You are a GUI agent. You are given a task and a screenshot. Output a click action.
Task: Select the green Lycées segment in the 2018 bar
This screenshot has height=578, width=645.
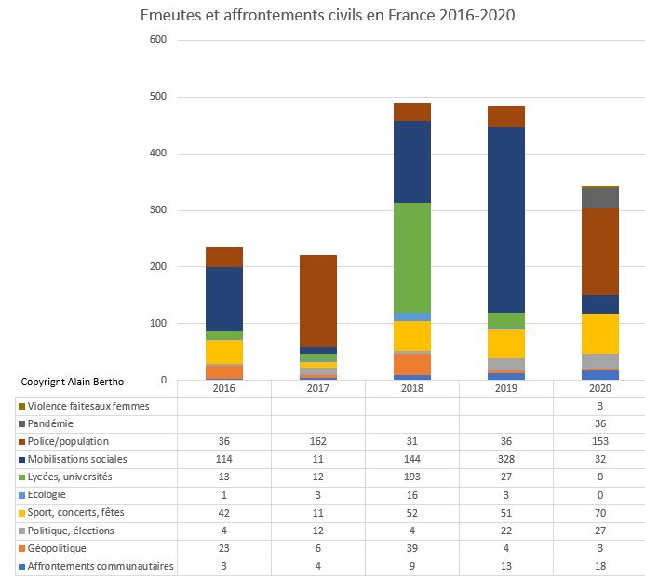tap(412, 257)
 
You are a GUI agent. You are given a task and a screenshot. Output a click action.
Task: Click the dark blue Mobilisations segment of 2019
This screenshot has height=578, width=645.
tap(506, 219)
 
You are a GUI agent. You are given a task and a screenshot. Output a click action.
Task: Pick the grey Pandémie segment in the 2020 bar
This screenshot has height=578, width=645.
tap(600, 197)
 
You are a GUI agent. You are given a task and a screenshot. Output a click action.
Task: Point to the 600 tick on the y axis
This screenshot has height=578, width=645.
tap(157, 40)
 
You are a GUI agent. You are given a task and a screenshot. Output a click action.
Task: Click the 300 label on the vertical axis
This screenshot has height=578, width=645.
tap(157, 210)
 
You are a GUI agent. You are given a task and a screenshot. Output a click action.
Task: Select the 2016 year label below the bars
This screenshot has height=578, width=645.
tap(224, 388)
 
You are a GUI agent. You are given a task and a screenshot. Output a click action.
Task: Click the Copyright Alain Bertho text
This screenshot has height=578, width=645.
tap(72, 382)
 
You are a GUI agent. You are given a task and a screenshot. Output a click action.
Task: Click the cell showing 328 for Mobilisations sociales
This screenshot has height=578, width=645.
tap(506, 459)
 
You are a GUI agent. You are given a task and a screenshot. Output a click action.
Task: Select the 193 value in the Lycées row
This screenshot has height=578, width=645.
tap(412, 477)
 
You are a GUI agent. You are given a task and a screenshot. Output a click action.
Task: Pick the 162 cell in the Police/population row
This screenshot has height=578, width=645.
tap(318, 441)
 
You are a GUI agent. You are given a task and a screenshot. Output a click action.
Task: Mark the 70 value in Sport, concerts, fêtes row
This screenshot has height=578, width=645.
tap(600, 512)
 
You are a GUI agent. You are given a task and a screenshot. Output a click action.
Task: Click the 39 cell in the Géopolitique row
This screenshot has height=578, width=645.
tap(412, 548)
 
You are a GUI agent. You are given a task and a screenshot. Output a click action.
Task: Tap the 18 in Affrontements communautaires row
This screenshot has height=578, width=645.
tap(600, 566)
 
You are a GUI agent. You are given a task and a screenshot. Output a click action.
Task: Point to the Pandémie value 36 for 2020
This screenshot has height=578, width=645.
tap(600, 423)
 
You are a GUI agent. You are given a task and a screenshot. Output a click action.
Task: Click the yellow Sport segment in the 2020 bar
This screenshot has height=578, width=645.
tap(600, 333)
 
